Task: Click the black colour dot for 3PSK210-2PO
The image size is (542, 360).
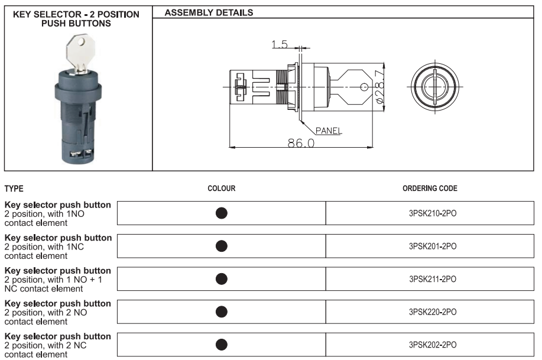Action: [222, 213]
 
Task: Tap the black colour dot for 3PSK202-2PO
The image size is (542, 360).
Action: [222, 344]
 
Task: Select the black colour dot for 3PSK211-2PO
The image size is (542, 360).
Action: [222, 278]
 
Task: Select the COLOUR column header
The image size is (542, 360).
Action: [222, 189]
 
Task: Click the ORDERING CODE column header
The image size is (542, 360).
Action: [430, 189]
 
